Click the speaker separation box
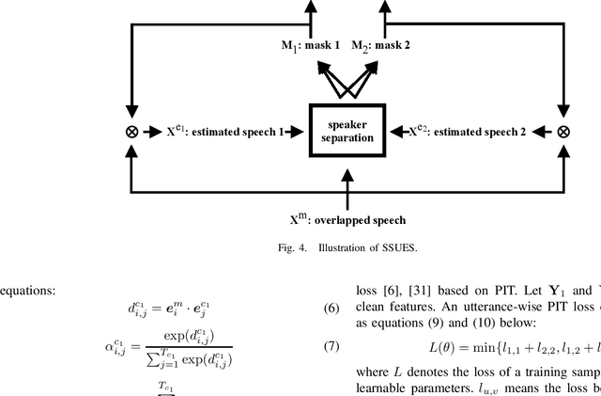coord(347,132)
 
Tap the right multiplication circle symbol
coord(563,133)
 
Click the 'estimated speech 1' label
coord(225,133)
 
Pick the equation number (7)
coord(331,346)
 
